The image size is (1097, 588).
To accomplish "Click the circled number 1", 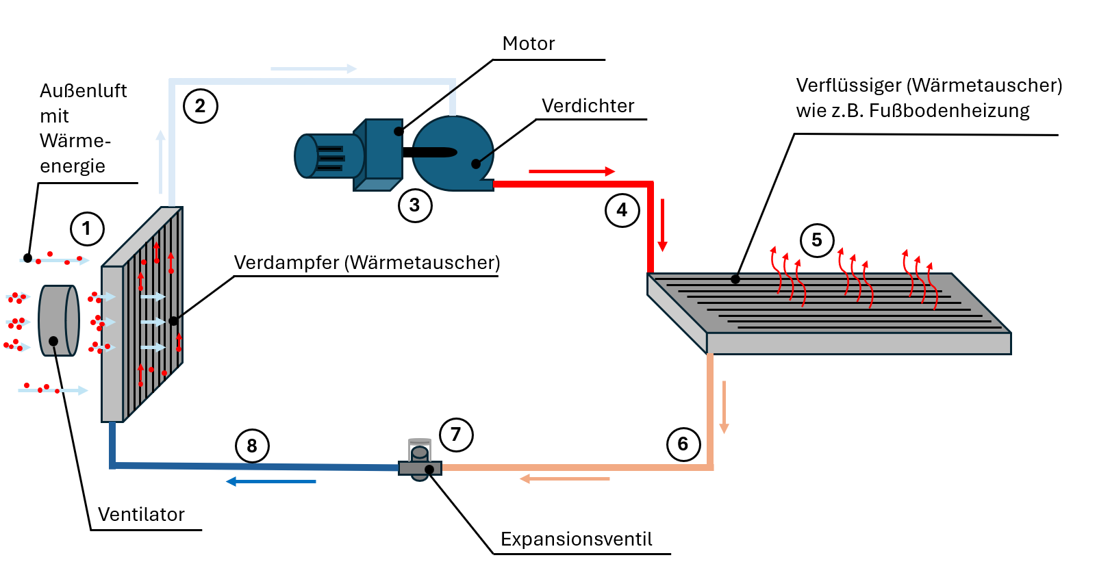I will (87, 229).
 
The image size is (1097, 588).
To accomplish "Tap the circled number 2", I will (200, 106).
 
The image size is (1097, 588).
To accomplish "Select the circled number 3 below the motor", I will (415, 205).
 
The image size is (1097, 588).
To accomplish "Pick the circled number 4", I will (622, 210).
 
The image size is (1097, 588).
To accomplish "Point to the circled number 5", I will (816, 240).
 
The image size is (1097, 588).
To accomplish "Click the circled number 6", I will (683, 444).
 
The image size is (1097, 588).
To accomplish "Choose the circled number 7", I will (456, 435).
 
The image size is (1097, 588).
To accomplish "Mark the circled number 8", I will (252, 446).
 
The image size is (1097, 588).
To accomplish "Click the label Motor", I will (528, 44).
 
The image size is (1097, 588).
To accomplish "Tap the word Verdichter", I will (588, 106).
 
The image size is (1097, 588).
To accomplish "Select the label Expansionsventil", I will (576, 539).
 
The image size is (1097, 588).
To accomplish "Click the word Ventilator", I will (141, 515).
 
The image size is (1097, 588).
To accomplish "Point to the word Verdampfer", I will (286, 263).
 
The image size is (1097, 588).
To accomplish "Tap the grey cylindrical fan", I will (58, 320).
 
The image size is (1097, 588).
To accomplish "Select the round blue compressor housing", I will (452, 153).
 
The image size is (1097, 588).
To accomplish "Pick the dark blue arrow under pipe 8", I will (271, 482).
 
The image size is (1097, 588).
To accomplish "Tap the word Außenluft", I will (83, 91).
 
